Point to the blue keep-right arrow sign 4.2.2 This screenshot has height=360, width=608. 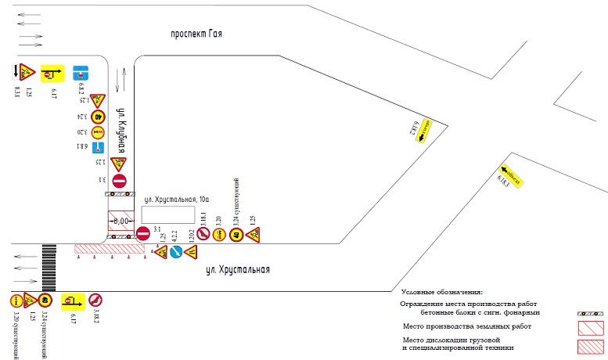(176, 252)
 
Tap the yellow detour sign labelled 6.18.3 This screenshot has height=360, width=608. (508, 174)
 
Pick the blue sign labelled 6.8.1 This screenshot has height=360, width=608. (98, 147)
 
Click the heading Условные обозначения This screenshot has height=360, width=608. (441, 292)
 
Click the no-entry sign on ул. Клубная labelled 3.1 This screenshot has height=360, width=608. (117, 182)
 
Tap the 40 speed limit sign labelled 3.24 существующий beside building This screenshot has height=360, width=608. (236, 233)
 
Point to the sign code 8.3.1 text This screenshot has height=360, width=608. (17, 92)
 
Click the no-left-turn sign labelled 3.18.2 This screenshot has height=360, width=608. (94, 300)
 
